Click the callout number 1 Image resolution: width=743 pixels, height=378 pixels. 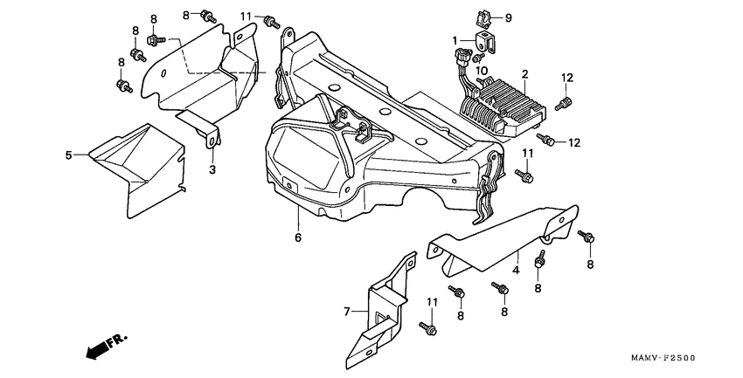(x=455, y=40)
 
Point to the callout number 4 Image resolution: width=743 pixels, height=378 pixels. (x=517, y=271)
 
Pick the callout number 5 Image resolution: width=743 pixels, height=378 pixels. (x=67, y=155)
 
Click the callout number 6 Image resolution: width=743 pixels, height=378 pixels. (x=297, y=237)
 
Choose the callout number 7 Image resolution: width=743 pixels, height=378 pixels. (x=346, y=310)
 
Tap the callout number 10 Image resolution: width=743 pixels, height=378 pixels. (x=482, y=71)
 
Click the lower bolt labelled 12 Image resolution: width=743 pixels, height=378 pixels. (x=548, y=140)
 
